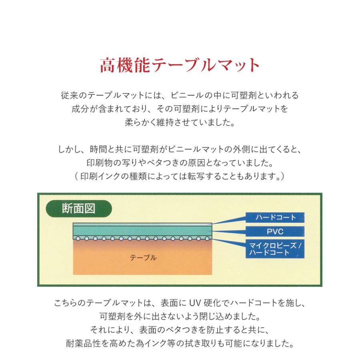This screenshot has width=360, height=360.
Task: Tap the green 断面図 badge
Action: (78, 209)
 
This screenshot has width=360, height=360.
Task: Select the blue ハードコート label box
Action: (275, 218)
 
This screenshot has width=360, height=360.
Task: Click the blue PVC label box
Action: (275, 231)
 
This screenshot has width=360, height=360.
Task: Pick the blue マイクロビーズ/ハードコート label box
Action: (275, 249)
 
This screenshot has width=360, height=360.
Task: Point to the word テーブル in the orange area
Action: (143, 258)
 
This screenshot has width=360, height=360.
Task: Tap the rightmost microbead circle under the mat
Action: (207, 238)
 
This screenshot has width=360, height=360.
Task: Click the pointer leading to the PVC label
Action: (228, 231)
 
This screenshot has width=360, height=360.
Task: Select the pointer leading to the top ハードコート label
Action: (228, 220)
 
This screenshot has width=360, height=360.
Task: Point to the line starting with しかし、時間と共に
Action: (180, 150)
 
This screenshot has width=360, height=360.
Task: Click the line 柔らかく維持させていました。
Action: (180, 122)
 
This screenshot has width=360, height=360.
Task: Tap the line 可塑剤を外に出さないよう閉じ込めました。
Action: (180, 317)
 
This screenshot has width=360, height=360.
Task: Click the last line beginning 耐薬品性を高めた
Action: (180, 344)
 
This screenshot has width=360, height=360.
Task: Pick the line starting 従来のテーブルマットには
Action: (180, 96)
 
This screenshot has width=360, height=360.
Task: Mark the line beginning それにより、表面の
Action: (180, 330)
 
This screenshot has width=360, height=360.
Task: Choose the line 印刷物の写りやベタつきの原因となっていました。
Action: (180, 164)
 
